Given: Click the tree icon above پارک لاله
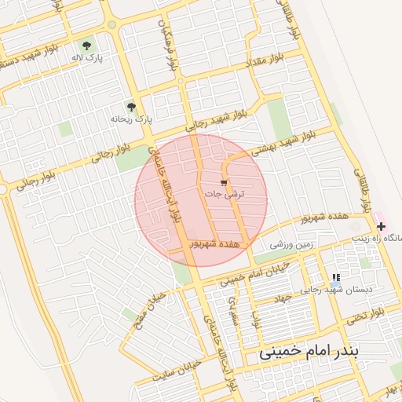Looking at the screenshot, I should [86, 45].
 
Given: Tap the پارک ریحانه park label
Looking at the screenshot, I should [131, 119].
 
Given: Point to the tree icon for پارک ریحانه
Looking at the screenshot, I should [131, 107].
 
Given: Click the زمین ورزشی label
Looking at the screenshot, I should [292, 245].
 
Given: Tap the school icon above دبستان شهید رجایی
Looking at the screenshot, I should [336, 278].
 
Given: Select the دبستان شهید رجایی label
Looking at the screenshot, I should [338, 290].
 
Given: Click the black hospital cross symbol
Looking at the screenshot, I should [381, 225].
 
